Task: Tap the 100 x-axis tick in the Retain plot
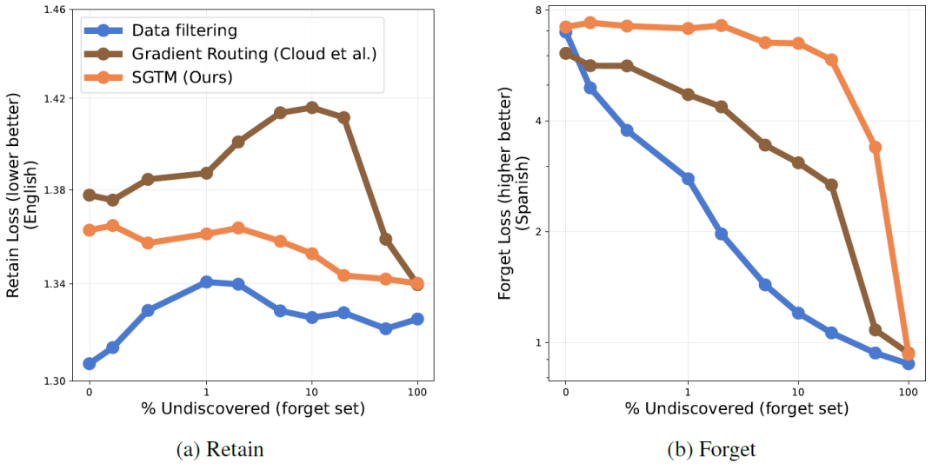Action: tap(417, 393)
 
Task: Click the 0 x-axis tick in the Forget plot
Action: tap(565, 393)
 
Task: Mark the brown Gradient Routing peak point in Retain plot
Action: tap(311, 107)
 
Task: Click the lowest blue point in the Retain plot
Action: tap(89, 363)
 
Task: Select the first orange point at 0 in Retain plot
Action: tap(89, 230)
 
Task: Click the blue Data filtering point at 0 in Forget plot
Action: tap(566, 32)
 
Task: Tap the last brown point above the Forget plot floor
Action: tap(875, 330)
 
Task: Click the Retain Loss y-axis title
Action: tap(21, 195)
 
